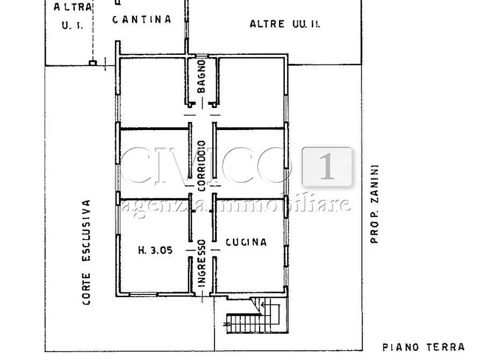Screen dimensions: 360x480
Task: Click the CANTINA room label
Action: click(141, 19)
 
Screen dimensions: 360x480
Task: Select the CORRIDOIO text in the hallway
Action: click(202, 166)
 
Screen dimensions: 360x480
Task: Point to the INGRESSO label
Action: click(202, 267)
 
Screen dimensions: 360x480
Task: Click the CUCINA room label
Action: click(246, 242)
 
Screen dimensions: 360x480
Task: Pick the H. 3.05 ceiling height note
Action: click(155, 250)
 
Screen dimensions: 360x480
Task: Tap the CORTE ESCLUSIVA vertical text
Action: click(86, 253)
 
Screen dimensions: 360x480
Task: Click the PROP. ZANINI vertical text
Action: click(375, 204)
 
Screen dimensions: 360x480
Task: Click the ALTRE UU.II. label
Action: click(285, 24)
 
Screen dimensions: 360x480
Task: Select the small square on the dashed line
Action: click(92, 63)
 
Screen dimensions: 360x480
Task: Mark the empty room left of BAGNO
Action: click(152, 91)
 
